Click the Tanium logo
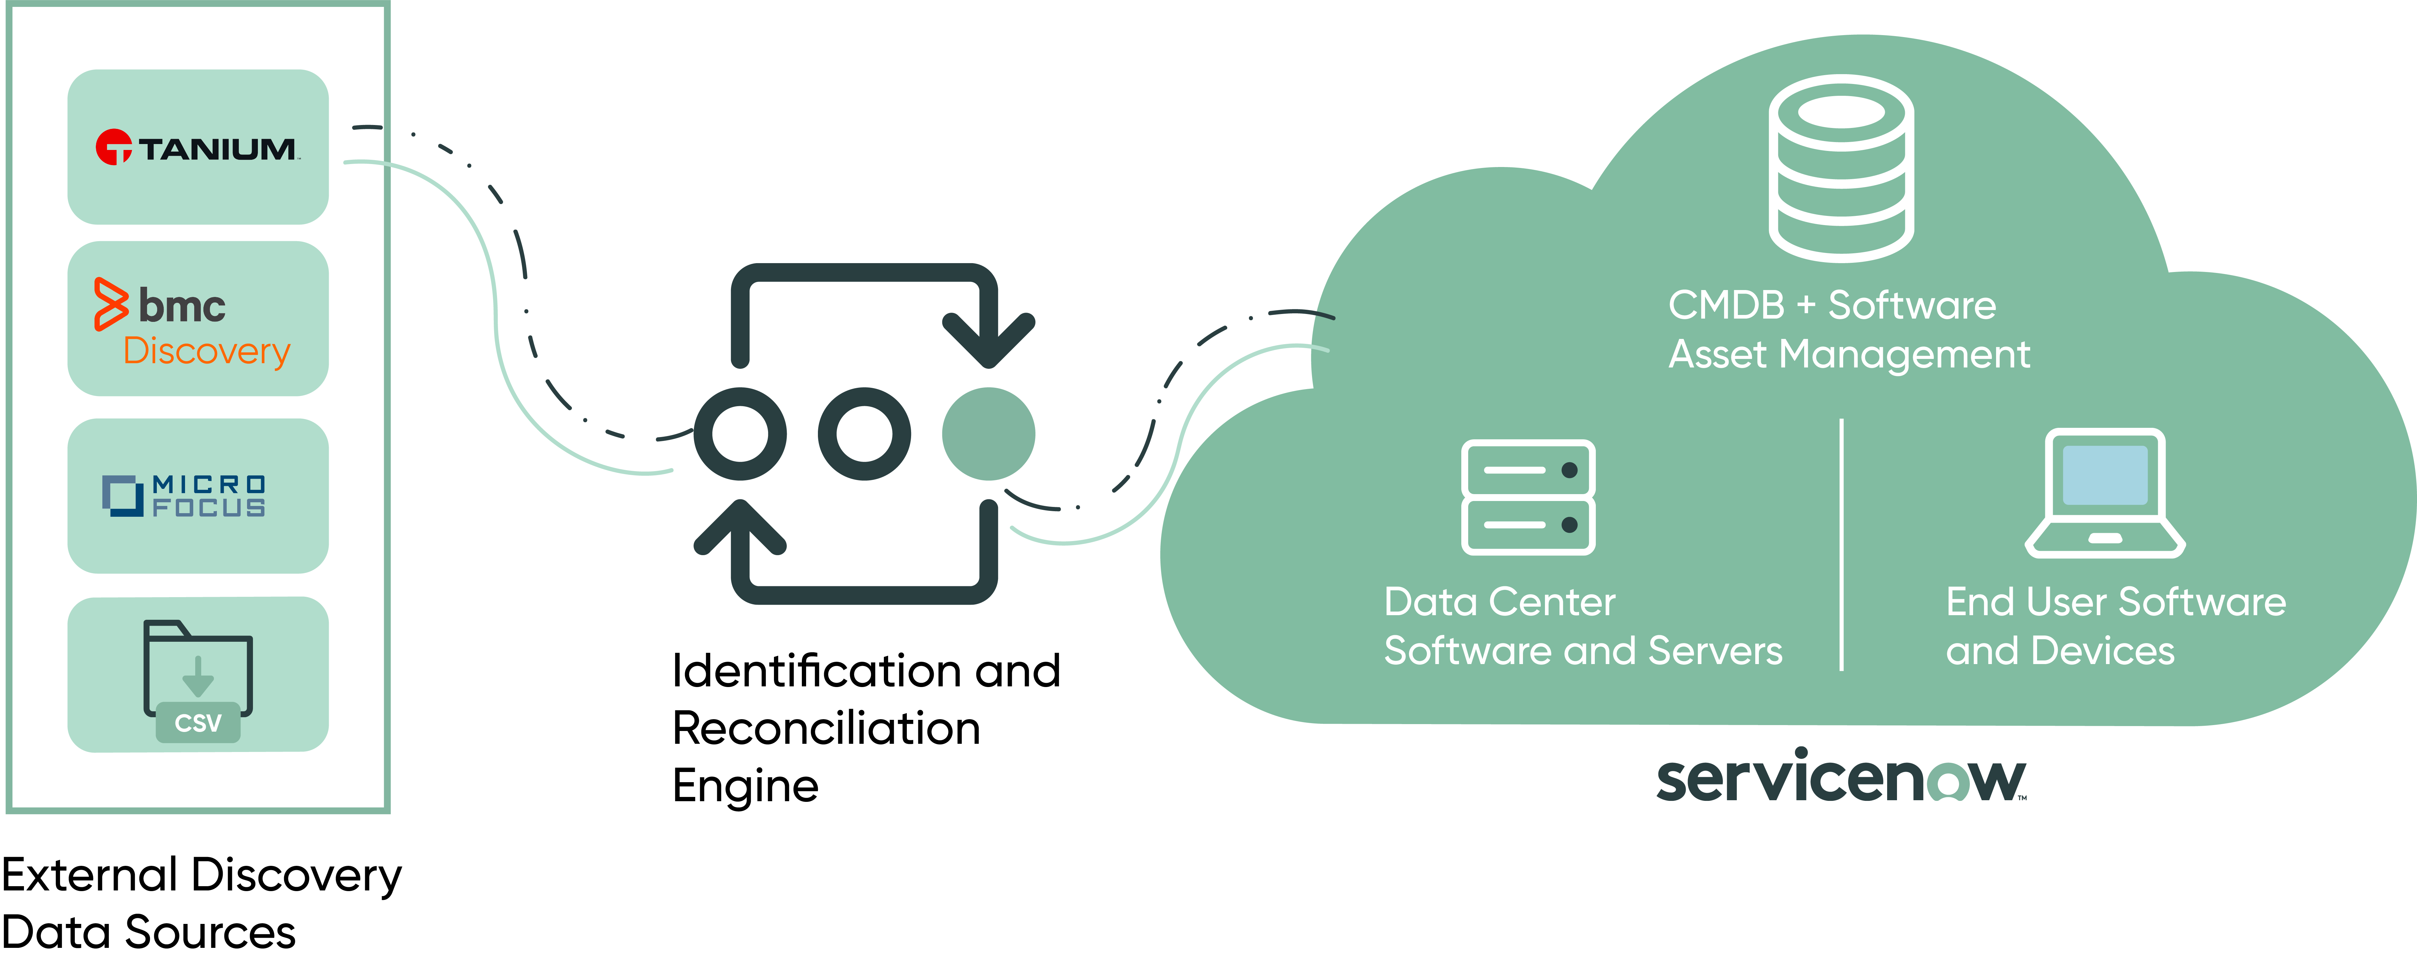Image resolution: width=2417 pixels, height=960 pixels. tap(197, 147)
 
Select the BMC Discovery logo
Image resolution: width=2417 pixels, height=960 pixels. tap(192, 322)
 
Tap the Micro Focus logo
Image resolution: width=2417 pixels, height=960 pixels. tap(184, 495)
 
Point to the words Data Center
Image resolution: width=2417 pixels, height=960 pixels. tap(1499, 601)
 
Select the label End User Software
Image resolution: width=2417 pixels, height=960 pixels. tap(2116, 601)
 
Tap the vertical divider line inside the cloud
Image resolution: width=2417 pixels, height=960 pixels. tap(1842, 544)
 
